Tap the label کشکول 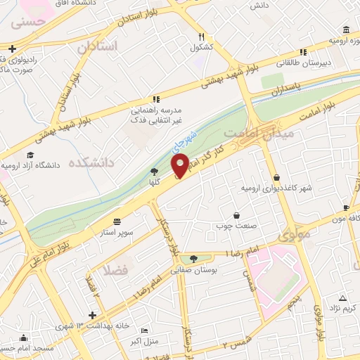tap(200, 48)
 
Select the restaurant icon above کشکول tap(201, 37)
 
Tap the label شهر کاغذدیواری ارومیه tap(275, 188)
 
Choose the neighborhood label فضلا tap(114, 269)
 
